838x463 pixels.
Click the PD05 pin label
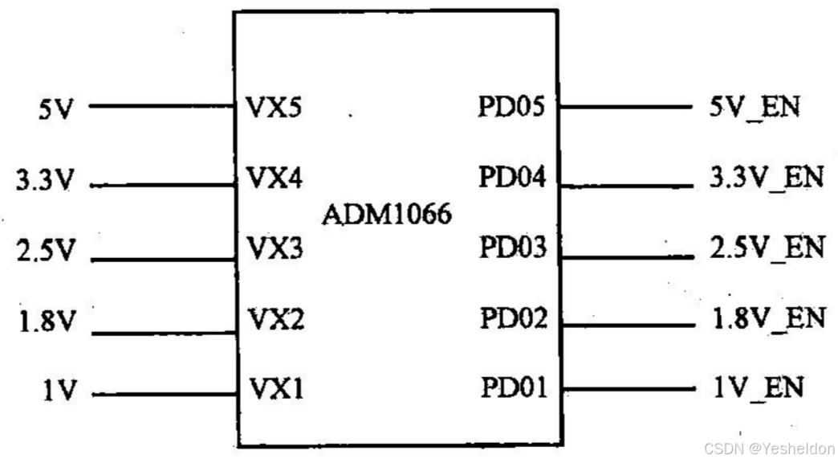(512, 107)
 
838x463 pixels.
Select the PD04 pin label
(512, 177)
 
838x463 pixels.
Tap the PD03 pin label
(512, 248)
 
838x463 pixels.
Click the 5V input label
(55, 109)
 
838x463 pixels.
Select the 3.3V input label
(44, 181)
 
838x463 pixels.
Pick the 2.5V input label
(44, 252)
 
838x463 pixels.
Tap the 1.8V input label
(44, 323)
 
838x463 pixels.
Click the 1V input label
(59, 392)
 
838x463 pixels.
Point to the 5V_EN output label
(755, 107)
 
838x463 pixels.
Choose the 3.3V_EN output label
(767, 178)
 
